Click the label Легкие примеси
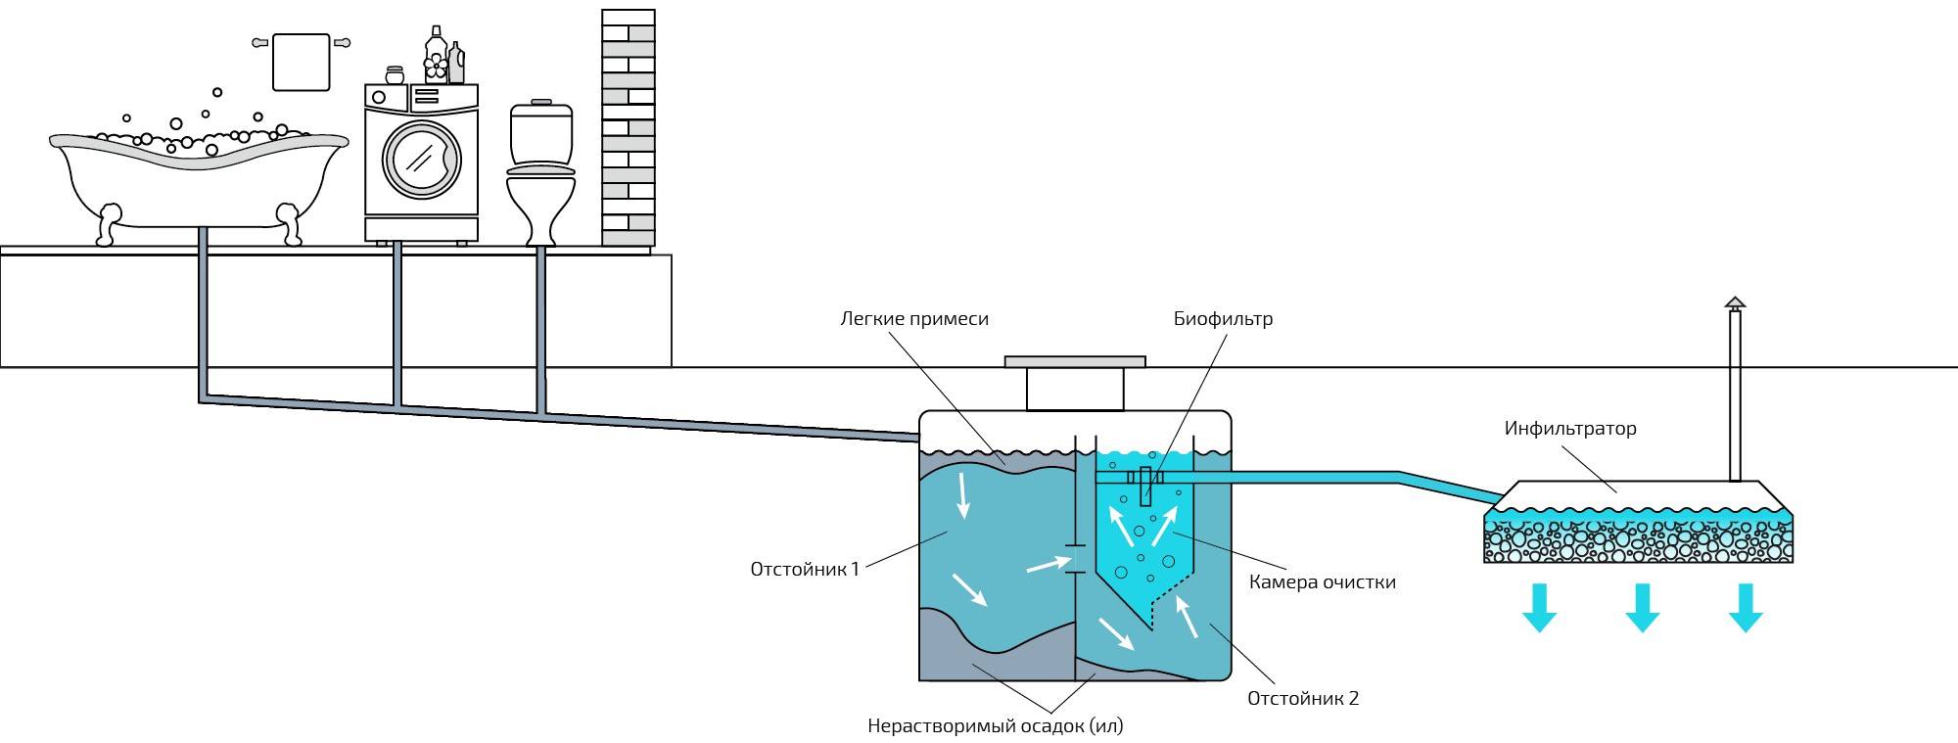tap(914, 318)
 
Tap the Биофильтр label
tap(1224, 318)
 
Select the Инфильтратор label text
tap(1570, 428)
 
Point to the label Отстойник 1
tap(805, 569)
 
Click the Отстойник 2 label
tap(1303, 698)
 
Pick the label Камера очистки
tap(1323, 581)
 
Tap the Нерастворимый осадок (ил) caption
tap(995, 726)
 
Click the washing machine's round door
tap(421, 159)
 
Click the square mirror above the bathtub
tap(301, 62)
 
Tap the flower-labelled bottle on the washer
tap(436, 55)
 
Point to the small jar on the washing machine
tap(395, 75)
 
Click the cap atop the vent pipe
tap(1735, 303)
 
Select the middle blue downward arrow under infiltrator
tap(1642, 608)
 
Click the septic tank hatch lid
tap(1075, 362)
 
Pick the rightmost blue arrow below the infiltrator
tap(1746, 608)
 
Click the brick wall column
tap(629, 127)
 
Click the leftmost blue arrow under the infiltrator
tap(1539, 608)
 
